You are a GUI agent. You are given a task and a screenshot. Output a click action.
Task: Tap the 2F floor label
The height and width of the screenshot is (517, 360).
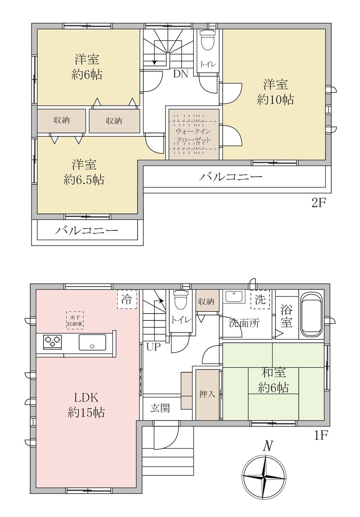319,203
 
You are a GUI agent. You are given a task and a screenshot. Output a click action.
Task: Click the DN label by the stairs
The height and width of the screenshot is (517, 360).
181,74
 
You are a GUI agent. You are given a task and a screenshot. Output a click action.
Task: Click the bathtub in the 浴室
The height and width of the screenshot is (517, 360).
311,315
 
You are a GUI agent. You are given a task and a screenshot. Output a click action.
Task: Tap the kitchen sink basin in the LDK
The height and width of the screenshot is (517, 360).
92,342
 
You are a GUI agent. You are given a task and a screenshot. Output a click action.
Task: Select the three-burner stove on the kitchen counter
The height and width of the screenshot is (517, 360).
53,342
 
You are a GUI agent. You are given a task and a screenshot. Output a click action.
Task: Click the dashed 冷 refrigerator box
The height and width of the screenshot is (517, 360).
127,299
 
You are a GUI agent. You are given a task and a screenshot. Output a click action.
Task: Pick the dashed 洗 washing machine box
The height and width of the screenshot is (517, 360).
260,299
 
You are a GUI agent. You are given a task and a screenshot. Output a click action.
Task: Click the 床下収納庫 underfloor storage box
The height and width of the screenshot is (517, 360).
75,320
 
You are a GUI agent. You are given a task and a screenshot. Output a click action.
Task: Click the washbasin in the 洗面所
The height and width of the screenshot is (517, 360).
234,297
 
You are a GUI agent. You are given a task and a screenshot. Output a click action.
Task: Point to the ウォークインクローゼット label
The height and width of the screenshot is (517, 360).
193,136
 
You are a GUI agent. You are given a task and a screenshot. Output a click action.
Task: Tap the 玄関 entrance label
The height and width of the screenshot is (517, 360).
160,408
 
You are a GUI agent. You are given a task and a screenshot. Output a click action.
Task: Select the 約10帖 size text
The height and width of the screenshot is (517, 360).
275,100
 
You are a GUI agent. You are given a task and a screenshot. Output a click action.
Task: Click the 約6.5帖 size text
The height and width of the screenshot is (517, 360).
84,180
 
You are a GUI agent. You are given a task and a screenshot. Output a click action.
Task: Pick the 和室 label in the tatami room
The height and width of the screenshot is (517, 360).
274,372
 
